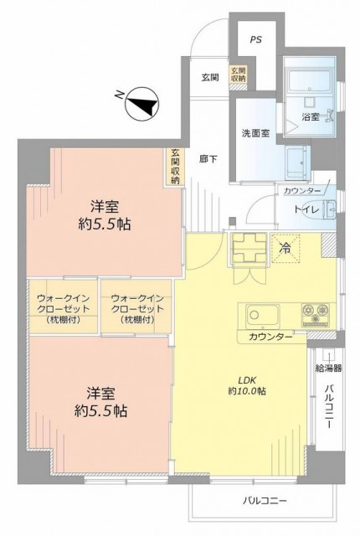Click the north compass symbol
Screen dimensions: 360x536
coord(141,104)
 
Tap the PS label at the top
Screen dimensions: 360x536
coord(256,39)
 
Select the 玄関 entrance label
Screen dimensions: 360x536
coord(209,77)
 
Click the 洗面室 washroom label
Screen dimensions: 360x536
coord(255,133)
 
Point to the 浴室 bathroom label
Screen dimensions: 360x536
coord(311,116)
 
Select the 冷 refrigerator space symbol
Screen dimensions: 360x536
coord(285,249)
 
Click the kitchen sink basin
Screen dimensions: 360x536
coord(262,315)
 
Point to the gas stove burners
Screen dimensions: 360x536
coord(316,314)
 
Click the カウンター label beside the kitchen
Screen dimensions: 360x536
coord(270,337)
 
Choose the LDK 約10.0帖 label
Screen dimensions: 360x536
coord(247,385)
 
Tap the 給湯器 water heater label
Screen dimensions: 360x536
coord(328,368)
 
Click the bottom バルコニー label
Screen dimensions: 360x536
coord(265,501)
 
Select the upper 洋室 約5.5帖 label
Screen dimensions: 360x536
coord(105,215)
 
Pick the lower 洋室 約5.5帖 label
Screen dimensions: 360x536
coord(100,402)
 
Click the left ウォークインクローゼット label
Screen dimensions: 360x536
coord(63,309)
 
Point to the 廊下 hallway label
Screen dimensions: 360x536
coord(208,159)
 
